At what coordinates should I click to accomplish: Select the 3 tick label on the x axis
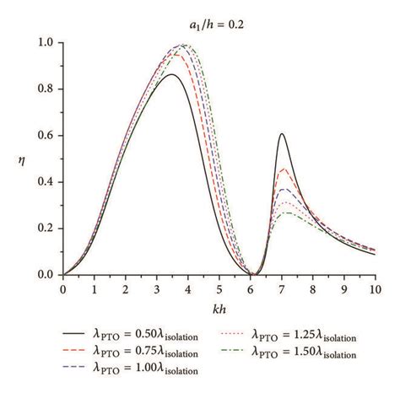click(156, 289)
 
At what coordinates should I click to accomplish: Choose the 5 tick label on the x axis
click(219, 289)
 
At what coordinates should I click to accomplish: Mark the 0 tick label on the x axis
click(62, 289)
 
